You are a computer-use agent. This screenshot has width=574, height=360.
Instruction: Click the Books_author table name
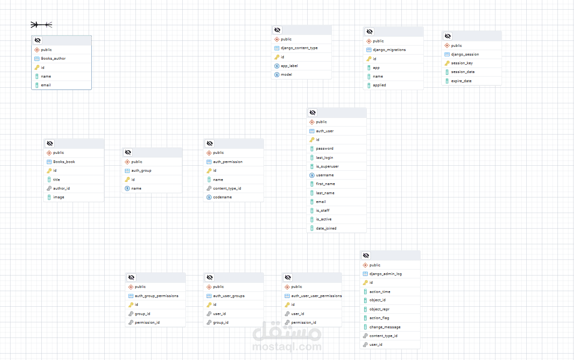pos(53,58)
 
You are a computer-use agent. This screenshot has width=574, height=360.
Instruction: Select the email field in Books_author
pos(46,85)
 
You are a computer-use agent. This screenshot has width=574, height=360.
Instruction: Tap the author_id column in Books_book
pos(62,188)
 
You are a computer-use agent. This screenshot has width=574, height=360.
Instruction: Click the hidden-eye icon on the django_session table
pos(448,36)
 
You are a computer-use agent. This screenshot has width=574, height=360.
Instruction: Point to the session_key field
pos(462,63)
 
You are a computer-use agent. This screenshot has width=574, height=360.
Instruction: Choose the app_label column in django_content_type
pos(289,66)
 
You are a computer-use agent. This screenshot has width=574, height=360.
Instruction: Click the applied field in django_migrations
pos(379,85)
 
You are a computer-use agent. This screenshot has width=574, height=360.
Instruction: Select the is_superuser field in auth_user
pos(327,166)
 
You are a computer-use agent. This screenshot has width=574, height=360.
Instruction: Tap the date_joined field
pos(326,228)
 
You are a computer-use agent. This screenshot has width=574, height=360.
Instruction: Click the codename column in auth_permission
pos(222,197)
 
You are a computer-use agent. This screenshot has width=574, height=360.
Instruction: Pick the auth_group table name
pos(141,170)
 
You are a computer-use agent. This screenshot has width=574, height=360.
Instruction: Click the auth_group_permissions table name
pos(156,296)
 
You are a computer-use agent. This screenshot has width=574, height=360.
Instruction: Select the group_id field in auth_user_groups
pos(220,322)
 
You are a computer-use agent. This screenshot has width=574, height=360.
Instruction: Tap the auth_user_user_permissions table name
pos(316,296)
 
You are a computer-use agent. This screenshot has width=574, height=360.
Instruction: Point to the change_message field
pos(385,327)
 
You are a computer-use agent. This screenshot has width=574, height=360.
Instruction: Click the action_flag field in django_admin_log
pos(379,318)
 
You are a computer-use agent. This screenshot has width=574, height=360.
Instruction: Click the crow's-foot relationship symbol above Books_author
pos(41,25)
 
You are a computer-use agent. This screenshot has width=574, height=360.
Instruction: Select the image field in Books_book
pos(58,197)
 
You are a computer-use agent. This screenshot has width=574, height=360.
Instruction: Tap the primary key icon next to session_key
pos(447,63)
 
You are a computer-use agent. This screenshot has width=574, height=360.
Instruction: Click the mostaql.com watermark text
pos(287,346)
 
